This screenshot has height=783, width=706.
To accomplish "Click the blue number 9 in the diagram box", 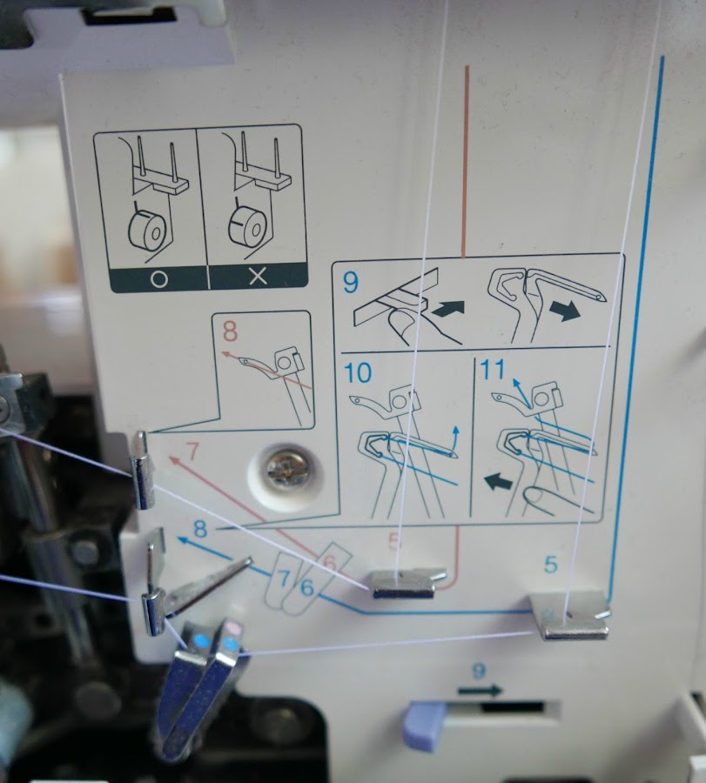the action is [351, 282].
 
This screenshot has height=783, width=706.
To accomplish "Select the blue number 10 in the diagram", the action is [358, 373].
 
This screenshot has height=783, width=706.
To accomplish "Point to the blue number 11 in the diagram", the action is [493, 370].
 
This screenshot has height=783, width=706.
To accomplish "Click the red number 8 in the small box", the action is [230, 331].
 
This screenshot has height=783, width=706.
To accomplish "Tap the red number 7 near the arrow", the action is [191, 452].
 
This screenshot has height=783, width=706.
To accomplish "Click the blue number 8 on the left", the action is [200, 529].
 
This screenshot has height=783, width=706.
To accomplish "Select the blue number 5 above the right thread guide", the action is [550, 565].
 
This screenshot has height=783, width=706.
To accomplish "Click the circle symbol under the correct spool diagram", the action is [158, 278].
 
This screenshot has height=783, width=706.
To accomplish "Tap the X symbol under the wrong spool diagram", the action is [258, 275].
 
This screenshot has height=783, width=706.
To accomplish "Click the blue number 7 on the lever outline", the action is [284, 579].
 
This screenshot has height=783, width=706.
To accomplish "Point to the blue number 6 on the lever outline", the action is [306, 586].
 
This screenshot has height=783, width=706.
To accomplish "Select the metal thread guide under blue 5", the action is [570, 617].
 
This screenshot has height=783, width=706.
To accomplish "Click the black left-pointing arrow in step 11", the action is [499, 481].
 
